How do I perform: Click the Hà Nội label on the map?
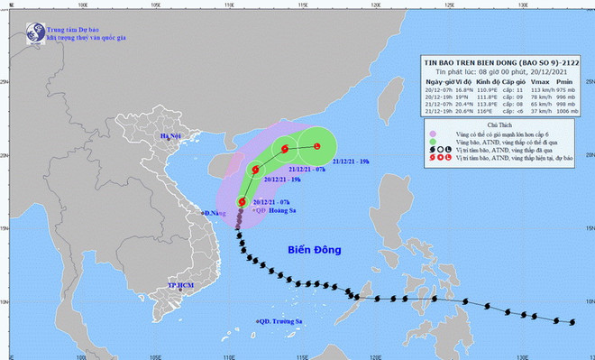click(171, 136)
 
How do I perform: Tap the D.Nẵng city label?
click(217, 213)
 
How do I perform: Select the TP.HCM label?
click(183, 285)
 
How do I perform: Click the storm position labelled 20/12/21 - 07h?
click(243, 202)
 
